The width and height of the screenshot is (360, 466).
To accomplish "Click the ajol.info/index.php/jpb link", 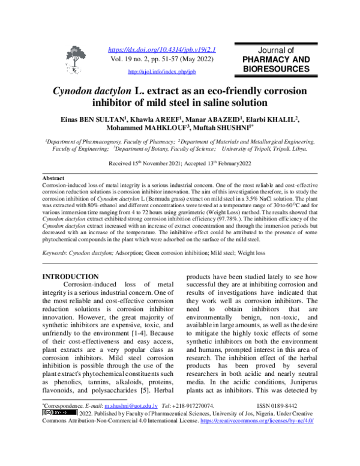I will [x=162, y=71].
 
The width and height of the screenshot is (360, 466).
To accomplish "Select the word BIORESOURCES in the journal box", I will [x=277, y=70].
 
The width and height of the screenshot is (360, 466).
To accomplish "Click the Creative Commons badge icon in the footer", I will [x=59, y=413].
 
